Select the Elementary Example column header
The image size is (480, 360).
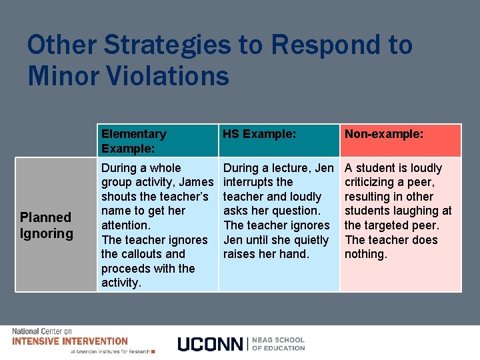[x=134, y=141]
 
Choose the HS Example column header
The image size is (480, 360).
[x=259, y=134]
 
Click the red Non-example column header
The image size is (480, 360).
[x=384, y=134]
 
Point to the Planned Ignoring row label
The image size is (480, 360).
[x=45, y=225]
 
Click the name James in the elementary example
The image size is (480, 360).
[x=197, y=182]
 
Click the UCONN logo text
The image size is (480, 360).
[x=211, y=344]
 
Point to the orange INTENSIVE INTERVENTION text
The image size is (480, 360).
[x=70, y=341]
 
